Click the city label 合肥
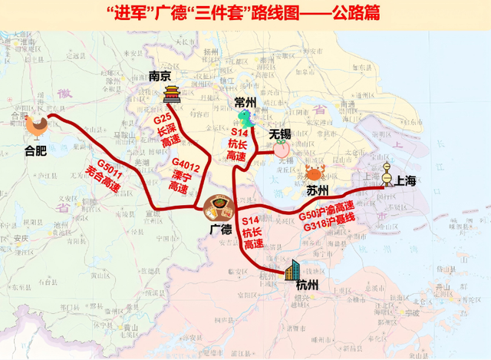pos(35,150)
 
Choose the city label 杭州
pos(308,287)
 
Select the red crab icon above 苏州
pos(315,171)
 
